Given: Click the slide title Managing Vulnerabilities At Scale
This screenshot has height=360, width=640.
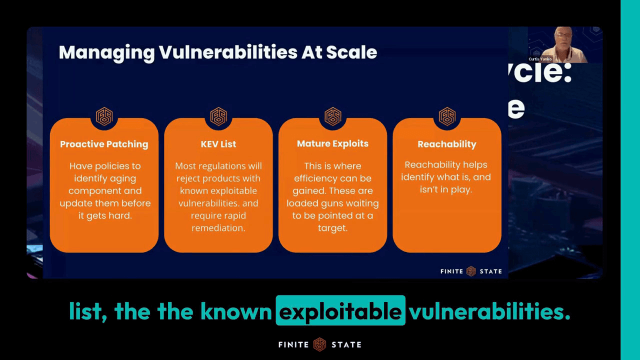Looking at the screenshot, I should click(217, 52).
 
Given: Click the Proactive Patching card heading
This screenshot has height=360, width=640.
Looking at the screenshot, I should click(104, 144).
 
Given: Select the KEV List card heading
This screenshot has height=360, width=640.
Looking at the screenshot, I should click(218, 144).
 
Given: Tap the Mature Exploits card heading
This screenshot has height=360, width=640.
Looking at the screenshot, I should click(332, 143).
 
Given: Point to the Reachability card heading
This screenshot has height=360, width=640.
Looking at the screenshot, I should click(446, 144).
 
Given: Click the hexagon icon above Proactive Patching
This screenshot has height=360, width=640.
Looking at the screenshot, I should click(104, 116).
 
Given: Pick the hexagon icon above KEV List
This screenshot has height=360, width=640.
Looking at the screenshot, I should click(218, 116).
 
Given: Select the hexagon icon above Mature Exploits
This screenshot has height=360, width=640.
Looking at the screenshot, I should click(332, 116).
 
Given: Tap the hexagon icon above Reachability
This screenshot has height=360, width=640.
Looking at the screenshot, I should click(447, 116).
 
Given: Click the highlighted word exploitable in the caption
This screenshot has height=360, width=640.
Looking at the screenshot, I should click(340, 311).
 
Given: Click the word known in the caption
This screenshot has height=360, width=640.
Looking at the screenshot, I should click(236, 311).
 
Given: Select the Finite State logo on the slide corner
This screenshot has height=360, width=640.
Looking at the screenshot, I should click(471, 271).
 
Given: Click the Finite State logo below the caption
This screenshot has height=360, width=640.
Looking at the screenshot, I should click(319, 344).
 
